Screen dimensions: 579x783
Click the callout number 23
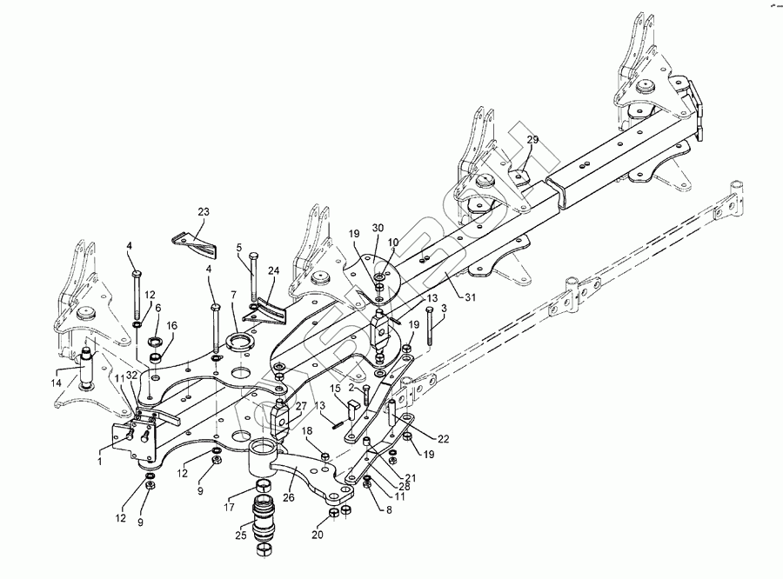pyautogui.click(x=204, y=211)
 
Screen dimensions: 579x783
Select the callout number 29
pyautogui.click(x=533, y=140)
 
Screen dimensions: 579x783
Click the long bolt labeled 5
pyautogui.click(x=251, y=275)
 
